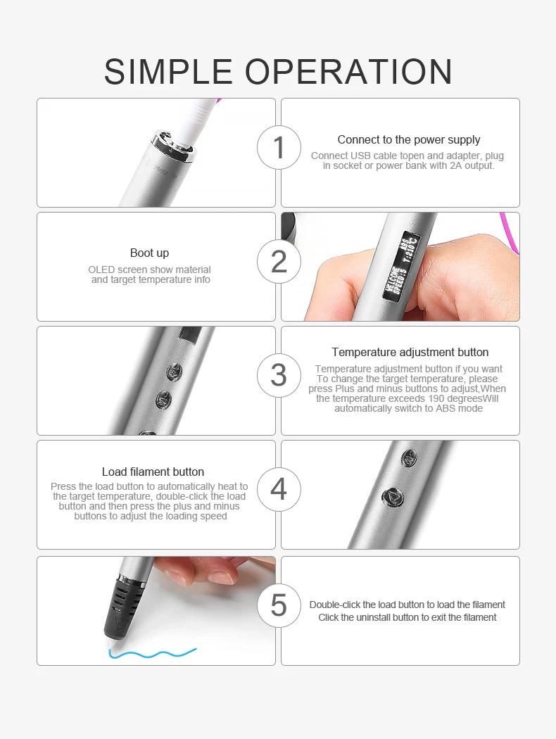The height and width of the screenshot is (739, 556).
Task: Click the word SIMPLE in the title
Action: (168, 72)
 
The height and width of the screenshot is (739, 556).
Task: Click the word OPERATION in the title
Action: (348, 72)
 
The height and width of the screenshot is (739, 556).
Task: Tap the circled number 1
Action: (279, 148)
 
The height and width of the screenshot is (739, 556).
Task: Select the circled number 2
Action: (279, 262)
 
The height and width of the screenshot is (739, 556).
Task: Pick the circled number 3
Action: (279, 375)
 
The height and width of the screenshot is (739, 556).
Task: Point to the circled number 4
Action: (279, 489)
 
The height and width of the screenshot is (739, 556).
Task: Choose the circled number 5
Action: (279, 605)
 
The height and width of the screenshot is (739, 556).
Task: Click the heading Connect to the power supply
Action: (408, 140)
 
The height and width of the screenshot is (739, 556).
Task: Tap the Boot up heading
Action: (149, 253)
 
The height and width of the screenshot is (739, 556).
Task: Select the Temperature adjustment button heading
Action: (410, 352)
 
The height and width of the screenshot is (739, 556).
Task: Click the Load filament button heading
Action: (153, 472)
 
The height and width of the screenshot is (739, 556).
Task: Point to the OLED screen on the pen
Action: (401, 267)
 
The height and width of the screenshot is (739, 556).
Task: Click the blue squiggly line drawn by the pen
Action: (152, 653)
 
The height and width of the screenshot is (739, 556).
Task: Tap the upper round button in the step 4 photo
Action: (409, 457)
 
